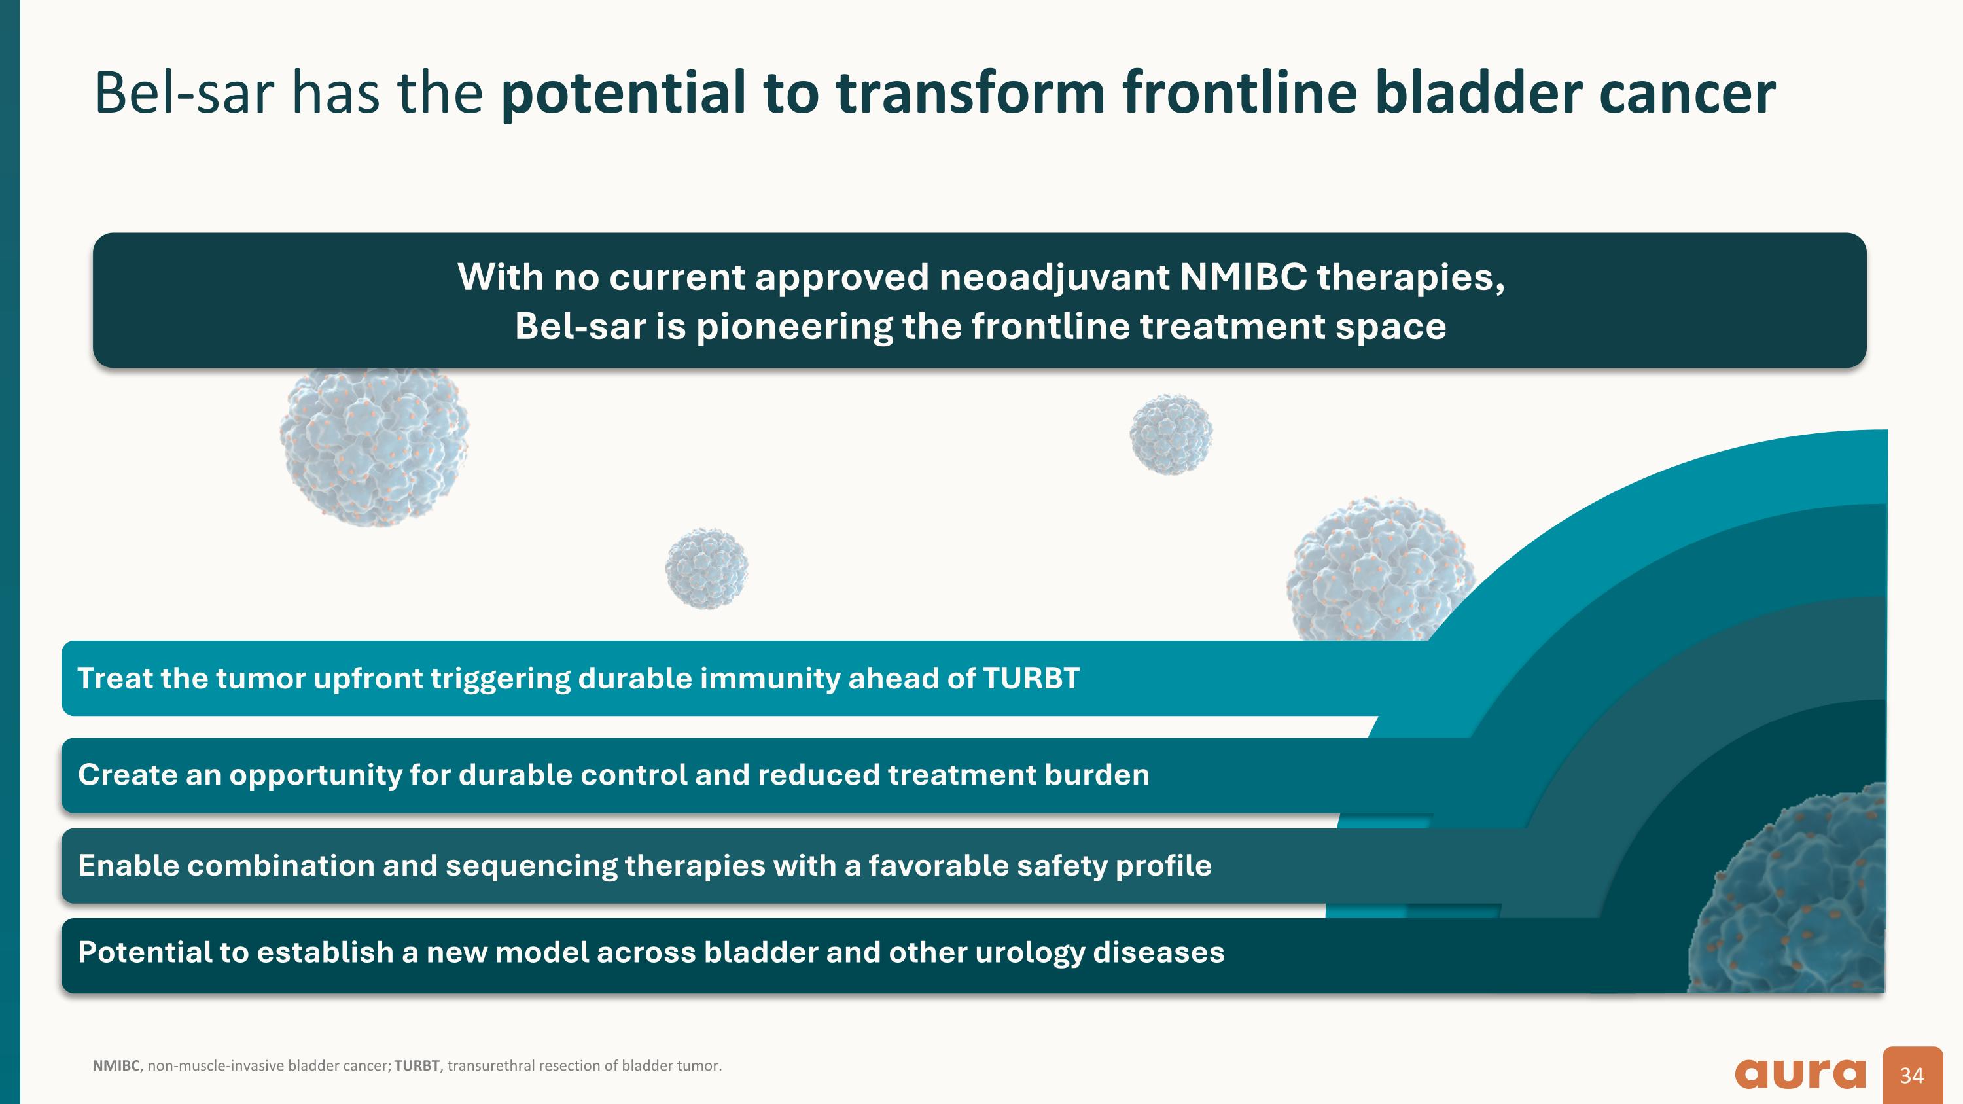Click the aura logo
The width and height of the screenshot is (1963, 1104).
pyautogui.click(x=1800, y=1075)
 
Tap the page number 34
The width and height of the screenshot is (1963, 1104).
pyautogui.click(x=1912, y=1075)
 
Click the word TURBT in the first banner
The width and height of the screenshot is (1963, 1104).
pyautogui.click(x=1031, y=678)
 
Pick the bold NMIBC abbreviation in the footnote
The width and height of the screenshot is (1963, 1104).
pyautogui.click(x=116, y=1065)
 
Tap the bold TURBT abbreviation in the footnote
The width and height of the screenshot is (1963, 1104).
pyautogui.click(x=417, y=1065)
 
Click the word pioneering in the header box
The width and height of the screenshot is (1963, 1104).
pyautogui.click(x=793, y=327)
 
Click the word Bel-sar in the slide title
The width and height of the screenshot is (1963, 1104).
pyautogui.click(x=184, y=93)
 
